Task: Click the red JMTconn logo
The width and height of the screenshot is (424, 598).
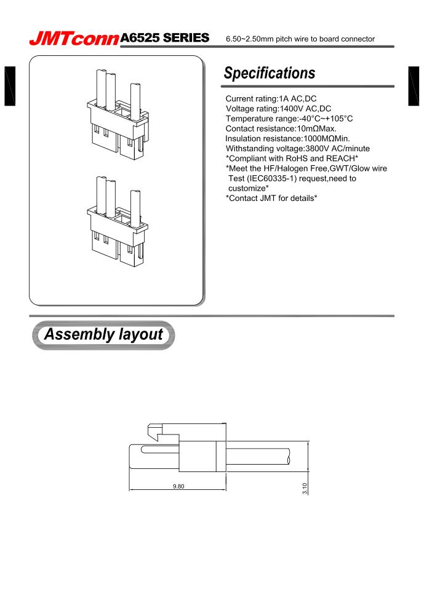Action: pos(74,39)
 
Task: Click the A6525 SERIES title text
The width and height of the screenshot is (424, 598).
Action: pos(165,37)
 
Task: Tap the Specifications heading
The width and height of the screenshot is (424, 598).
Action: pos(270,73)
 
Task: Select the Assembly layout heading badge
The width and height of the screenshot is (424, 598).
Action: pos(103,335)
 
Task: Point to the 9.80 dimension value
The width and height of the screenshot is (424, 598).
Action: pos(178,486)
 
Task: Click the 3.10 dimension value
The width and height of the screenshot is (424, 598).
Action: pos(305,489)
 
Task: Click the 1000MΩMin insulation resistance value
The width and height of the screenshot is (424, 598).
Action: pos(326,138)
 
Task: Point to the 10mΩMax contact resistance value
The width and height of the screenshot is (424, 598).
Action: pos(316,128)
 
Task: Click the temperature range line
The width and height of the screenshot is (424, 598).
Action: pos(289,119)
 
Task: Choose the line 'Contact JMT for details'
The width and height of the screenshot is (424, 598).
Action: pos(271,198)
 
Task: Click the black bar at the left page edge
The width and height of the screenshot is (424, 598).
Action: pos(10,86)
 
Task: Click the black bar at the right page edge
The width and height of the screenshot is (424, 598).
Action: pos(414,86)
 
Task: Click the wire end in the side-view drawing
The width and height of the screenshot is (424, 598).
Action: pos(288,457)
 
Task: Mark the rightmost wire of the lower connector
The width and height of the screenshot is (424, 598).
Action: pos(135,208)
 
